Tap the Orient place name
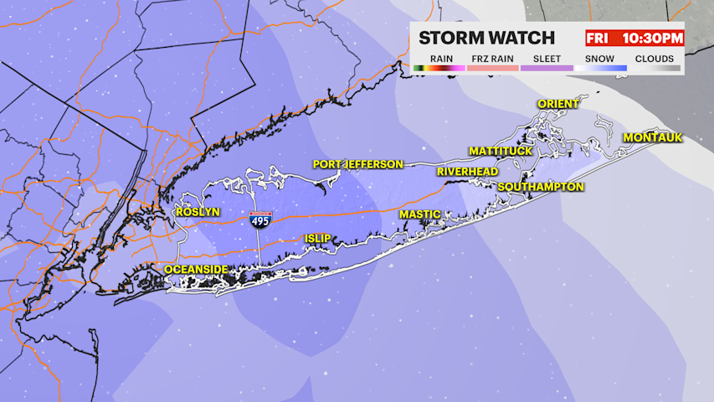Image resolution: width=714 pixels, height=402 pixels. [x=557, y=104]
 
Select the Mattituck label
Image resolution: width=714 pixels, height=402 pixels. [x=501, y=151]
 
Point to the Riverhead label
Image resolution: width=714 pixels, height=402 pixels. [x=467, y=172]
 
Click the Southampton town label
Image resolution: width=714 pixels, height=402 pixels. [x=540, y=187]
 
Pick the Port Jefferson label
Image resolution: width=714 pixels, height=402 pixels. [x=358, y=164]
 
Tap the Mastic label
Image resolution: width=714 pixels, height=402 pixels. [x=419, y=214]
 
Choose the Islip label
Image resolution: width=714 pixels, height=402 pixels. [x=319, y=239]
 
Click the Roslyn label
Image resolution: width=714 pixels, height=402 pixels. [x=198, y=213]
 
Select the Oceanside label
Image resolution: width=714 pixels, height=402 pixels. [x=196, y=270]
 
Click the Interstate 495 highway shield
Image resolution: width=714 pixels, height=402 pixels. [x=259, y=221]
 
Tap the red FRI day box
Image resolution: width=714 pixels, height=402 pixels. [x=597, y=39]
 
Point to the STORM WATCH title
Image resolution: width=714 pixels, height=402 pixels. [x=486, y=38]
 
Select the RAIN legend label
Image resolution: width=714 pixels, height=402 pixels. [x=442, y=59]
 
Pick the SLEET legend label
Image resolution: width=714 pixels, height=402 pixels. [x=547, y=59]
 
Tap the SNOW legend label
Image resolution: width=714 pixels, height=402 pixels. [x=599, y=59]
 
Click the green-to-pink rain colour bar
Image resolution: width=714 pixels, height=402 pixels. [x=439, y=68]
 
